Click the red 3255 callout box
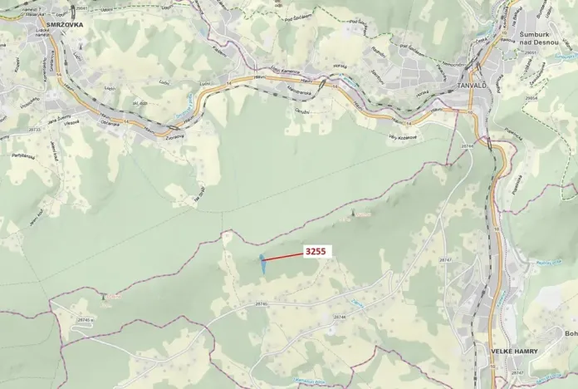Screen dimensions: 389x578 [316, 251]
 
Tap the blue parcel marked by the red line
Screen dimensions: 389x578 [262, 263]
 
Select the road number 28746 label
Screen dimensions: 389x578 [262, 304]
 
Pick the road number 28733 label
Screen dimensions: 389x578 [35, 130]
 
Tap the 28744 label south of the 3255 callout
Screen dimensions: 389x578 [339, 317]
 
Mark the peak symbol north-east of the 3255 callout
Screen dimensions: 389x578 [353, 214]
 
